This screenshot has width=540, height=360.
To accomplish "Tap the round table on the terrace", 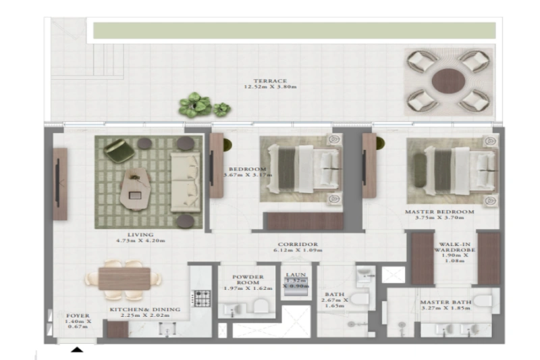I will click(x=446, y=81).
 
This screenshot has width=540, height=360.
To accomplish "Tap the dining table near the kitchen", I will click(x=124, y=278).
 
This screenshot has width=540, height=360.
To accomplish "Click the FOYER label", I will click(x=78, y=315).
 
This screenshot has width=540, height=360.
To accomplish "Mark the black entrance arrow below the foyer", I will click(x=78, y=349).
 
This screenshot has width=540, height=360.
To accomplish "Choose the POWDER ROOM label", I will click(x=247, y=280).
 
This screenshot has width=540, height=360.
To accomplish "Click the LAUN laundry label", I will click(x=296, y=276).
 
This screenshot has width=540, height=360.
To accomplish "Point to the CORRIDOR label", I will click(x=298, y=245).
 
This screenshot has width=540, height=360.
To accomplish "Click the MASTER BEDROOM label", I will click(x=439, y=211).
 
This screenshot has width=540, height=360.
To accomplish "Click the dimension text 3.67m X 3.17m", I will click(x=246, y=175).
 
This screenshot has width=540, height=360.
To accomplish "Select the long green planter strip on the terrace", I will click(x=294, y=30).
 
